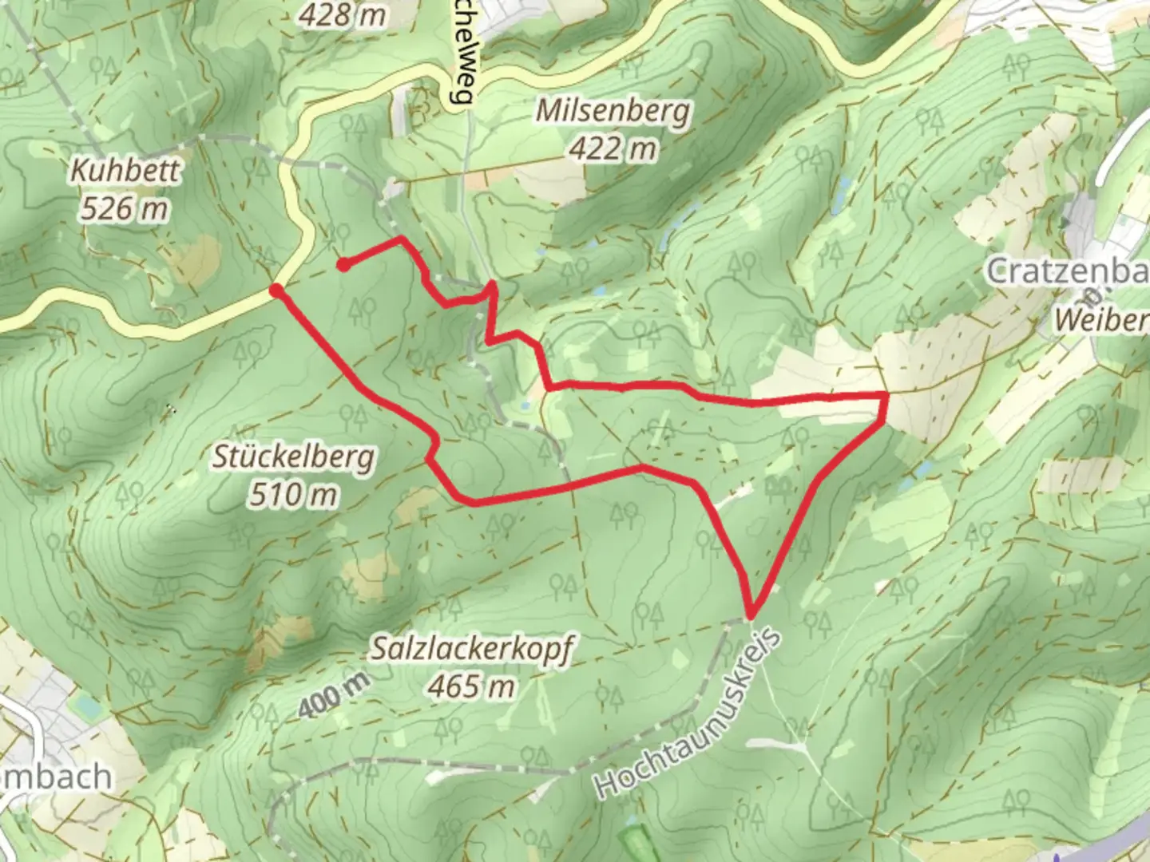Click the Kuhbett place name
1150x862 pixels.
coord(126,170)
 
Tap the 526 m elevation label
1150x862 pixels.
coord(125,209)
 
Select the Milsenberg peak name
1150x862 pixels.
coord(612,110)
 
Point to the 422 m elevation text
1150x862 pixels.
coord(613,148)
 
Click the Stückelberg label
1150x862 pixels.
coord(293,457)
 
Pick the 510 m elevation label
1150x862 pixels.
coord(293,496)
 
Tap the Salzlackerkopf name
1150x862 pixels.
coord(471,650)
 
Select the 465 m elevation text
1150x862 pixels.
coord(471,686)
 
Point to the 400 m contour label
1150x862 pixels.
coord(335,694)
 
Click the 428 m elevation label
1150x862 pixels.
coord(343,14)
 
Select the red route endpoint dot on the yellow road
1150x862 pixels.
coord(276,291)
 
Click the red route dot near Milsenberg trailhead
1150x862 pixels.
coord(343,265)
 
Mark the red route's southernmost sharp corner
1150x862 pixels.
coord(751,615)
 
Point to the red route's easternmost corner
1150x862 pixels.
coord(886,395)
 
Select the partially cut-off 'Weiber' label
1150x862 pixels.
coord(1102,321)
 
